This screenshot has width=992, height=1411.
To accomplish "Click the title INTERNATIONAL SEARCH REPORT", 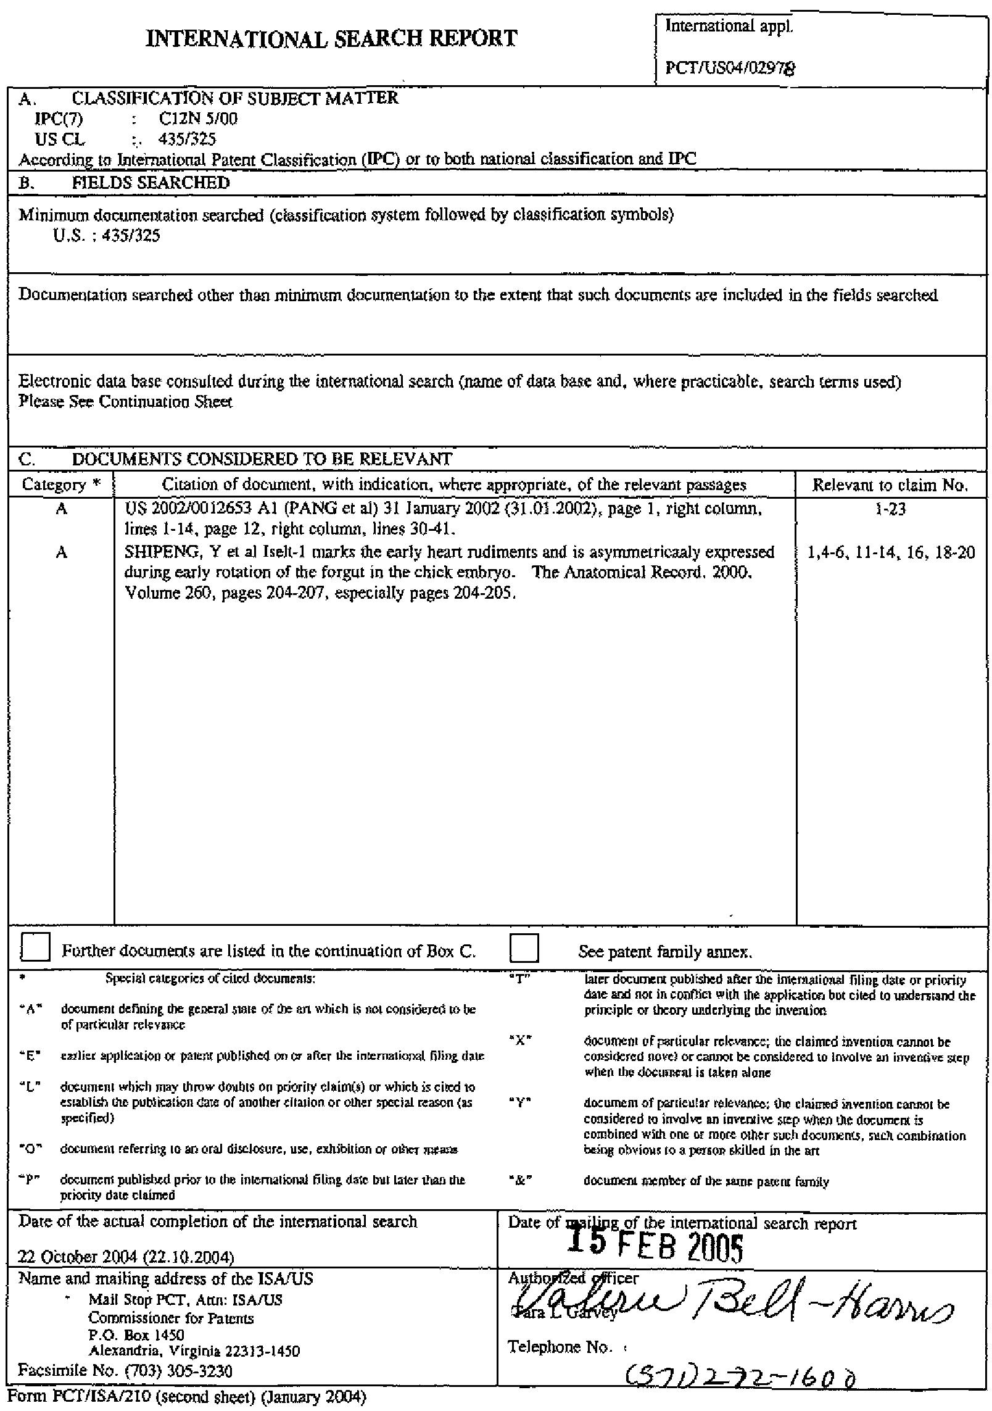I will (331, 39).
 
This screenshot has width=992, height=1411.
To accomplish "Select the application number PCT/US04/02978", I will (729, 69).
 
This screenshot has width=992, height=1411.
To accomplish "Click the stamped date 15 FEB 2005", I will (655, 1244).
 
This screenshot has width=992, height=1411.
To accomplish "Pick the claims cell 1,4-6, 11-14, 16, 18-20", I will (890, 552).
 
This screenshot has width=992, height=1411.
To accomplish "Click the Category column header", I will (60, 485).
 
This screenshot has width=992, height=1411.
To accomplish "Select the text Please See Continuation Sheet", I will (125, 402).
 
